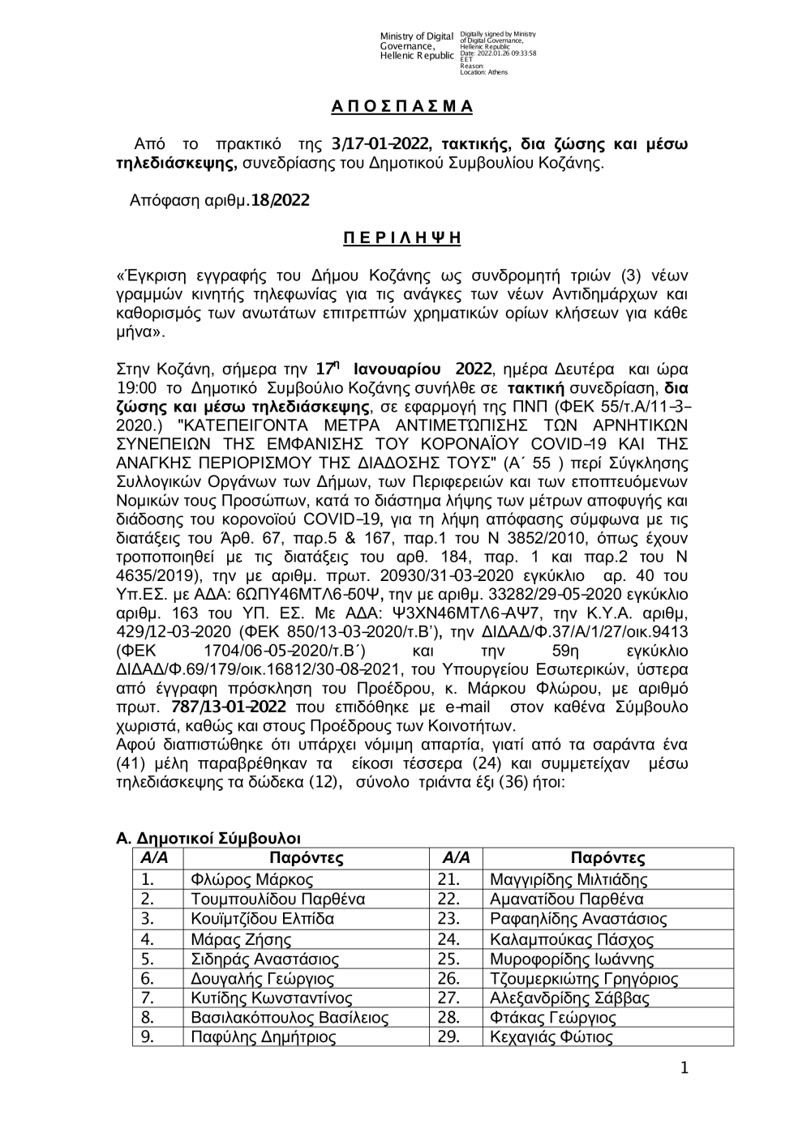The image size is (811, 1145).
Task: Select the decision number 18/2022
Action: click(x=280, y=199)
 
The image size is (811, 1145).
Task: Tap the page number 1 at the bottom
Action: click(x=684, y=1069)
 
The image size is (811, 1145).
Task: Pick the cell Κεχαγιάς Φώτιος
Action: click(x=551, y=1037)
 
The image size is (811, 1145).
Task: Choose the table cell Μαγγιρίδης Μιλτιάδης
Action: click(x=569, y=879)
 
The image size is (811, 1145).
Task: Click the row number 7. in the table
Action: click(x=148, y=998)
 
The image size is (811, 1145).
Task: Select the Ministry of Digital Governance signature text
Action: click(x=417, y=46)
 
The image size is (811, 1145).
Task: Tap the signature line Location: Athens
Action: click(x=483, y=72)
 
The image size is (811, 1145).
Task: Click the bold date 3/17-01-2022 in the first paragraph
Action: click(x=380, y=144)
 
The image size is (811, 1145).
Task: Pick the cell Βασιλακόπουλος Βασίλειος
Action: click(x=290, y=1018)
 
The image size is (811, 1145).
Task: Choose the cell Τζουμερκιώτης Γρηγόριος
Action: click(x=584, y=978)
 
